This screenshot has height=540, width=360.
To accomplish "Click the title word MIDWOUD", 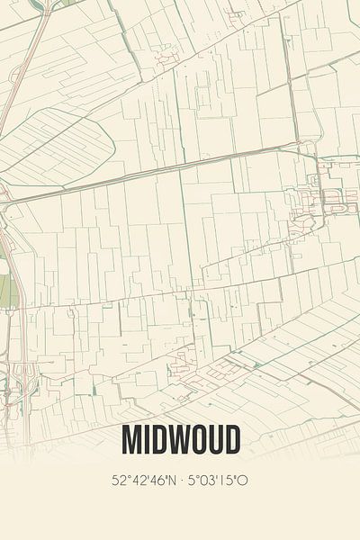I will [x=180, y=441].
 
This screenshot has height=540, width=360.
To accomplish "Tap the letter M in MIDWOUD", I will [x=130, y=441].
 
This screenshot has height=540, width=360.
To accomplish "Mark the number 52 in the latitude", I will [x=118, y=481].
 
